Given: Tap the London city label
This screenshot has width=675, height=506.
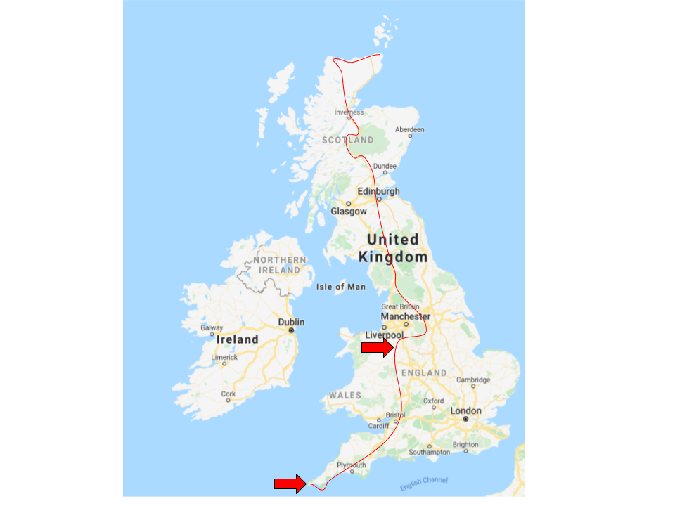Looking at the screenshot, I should [x=466, y=410].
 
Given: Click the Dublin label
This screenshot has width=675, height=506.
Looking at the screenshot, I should [x=291, y=322].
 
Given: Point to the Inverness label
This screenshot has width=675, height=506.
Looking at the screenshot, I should [x=349, y=112].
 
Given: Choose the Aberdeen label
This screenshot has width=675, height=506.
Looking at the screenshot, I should [x=410, y=130].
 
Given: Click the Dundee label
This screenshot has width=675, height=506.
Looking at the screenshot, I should [x=385, y=167].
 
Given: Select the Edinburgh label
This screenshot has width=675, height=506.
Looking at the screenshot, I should [x=378, y=191].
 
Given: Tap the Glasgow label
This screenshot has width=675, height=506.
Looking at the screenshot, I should [x=349, y=211].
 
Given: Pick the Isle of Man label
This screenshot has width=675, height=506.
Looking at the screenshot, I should [x=341, y=287].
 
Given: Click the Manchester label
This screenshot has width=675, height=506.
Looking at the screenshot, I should [x=405, y=316].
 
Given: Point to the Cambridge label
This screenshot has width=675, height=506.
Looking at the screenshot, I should [x=473, y=379].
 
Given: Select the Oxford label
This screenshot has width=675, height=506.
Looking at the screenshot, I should [x=433, y=401].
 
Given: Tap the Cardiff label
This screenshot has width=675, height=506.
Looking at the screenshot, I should [x=378, y=426].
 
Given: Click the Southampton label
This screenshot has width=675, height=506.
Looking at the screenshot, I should [x=430, y=452].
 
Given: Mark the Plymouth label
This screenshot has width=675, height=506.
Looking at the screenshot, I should [x=352, y=465].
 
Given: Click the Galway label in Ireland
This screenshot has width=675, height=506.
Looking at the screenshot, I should [x=212, y=327].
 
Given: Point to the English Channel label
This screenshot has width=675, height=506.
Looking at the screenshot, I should [x=424, y=484].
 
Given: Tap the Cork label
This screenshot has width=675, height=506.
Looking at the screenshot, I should [x=229, y=394].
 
